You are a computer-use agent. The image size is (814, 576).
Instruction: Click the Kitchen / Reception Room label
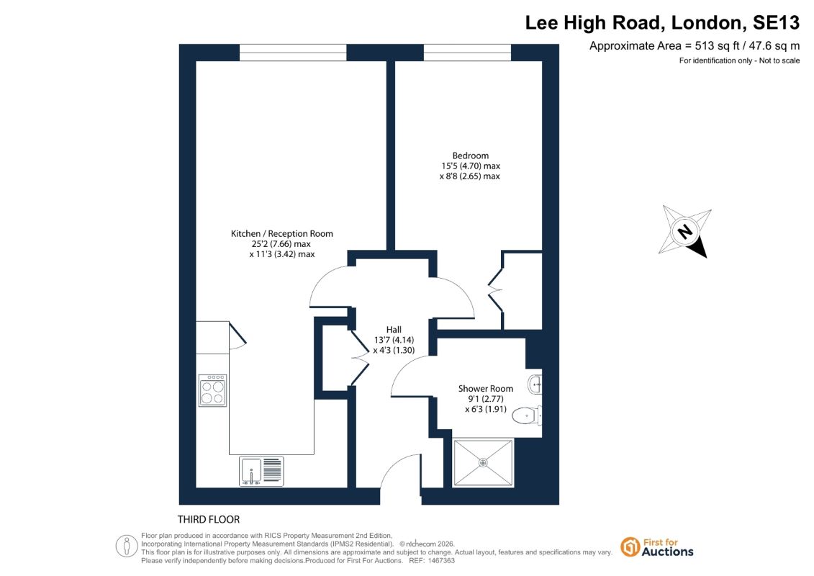[x=282, y=234]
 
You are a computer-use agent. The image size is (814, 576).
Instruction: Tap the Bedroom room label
[x=470, y=156]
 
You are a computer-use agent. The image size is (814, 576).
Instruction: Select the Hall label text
[x=394, y=329]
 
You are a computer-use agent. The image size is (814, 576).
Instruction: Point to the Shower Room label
[x=485, y=389]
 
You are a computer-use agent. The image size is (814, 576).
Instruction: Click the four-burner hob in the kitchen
[x=213, y=390]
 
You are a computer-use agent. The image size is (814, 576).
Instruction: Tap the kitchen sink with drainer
[x=261, y=471]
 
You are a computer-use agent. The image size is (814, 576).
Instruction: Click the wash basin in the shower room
[x=535, y=385]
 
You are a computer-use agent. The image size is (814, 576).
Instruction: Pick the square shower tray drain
[x=483, y=462]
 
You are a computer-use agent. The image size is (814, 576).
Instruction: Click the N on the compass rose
[x=684, y=231]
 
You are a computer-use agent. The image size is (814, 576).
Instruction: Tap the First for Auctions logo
[x=657, y=547]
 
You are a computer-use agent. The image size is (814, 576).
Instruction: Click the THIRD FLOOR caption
[x=209, y=519]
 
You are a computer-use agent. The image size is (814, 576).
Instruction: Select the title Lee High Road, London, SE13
[x=662, y=22]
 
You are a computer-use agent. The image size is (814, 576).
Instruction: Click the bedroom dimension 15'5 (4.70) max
[x=470, y=166]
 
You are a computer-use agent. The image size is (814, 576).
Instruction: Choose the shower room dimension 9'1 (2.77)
[x=485, y=399]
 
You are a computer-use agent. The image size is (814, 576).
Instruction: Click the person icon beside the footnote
[x=127, y=546]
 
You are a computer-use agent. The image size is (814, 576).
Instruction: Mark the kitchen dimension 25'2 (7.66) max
[x=281, y=244]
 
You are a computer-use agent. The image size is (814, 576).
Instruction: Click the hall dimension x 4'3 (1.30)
[x=394, y=350]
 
